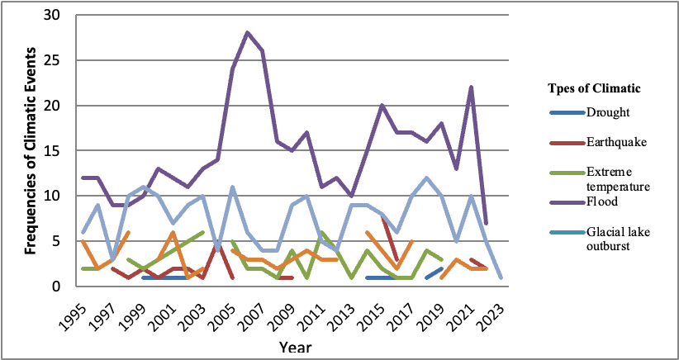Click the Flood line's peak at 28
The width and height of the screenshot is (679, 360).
tap(247, 33)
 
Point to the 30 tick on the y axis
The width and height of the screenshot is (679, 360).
tap(51, 16)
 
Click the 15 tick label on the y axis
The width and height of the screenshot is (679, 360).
tap(51, 151)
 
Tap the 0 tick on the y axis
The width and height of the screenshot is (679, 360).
tap(55, 287)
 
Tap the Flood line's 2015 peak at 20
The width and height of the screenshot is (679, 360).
tap(382, 106)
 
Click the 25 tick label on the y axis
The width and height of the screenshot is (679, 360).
tap(51, 61)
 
